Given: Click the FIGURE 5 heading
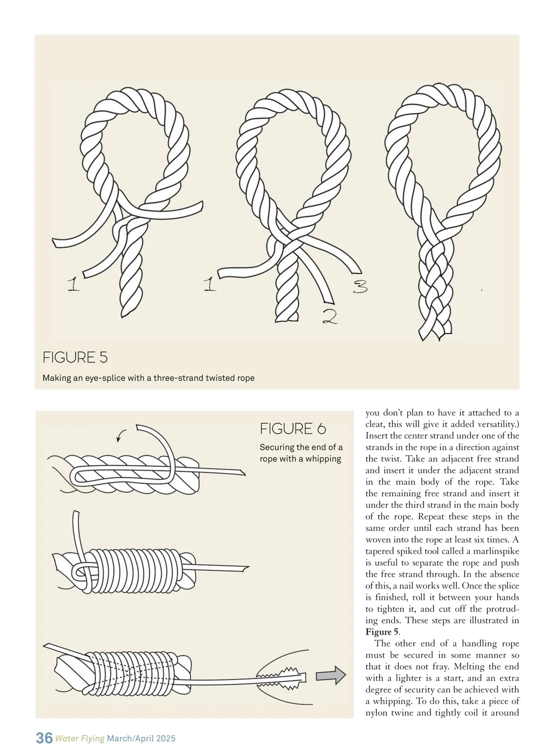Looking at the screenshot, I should point(75,357).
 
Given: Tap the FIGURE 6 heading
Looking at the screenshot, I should point(293,429).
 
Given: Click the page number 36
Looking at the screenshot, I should point(44,738).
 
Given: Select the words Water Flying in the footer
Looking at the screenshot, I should point(80,739).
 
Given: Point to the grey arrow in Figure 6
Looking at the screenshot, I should point(331,675).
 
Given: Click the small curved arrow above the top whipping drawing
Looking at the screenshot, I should point(121,434).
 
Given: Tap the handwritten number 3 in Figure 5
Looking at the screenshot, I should point(361,288).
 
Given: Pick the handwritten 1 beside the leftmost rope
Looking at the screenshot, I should point(73,284).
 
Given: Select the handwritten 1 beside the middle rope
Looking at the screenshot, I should point(210,284).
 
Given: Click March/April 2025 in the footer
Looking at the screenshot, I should point(141,739).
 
